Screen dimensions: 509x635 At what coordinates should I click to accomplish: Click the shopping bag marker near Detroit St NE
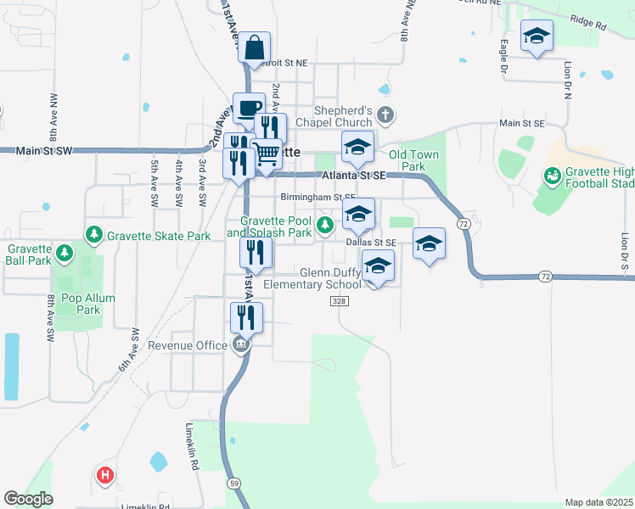[x=254, y=48]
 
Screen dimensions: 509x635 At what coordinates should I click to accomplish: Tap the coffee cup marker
[x=249, y=109]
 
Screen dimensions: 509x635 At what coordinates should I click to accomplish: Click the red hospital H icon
[x=105, y=475]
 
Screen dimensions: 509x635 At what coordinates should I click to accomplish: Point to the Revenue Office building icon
[x=240, y=345]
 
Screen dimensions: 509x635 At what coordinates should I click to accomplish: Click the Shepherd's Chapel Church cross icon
[x=385, y=115]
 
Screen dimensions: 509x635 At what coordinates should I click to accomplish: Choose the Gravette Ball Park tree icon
[x=64, y=253]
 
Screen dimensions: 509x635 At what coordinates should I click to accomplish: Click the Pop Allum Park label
[x=87, y=304]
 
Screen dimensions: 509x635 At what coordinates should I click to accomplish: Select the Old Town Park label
[x=407, y=160]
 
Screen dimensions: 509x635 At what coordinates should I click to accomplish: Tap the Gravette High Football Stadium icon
[x=553, y=175]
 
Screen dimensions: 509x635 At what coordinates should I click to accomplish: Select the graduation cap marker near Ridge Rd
[x=536, y=36]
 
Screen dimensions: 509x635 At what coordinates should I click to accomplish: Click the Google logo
[x=28, y=499]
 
